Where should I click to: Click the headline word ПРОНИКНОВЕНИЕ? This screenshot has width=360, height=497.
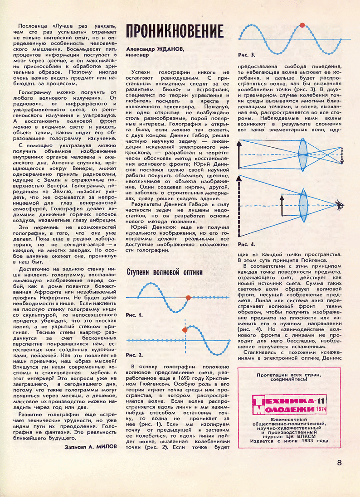tap(175, 31)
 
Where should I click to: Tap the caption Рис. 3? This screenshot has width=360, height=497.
tap(247, 55)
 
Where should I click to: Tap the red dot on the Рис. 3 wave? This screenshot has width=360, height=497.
tap(302, 25)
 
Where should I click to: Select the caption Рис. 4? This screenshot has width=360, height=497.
tap(247, 245)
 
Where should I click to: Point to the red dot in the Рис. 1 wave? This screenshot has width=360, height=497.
tap(188, 298)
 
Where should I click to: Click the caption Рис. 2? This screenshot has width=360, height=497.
tap(135, 354)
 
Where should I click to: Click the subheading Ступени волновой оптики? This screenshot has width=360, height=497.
tap(165, 272)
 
